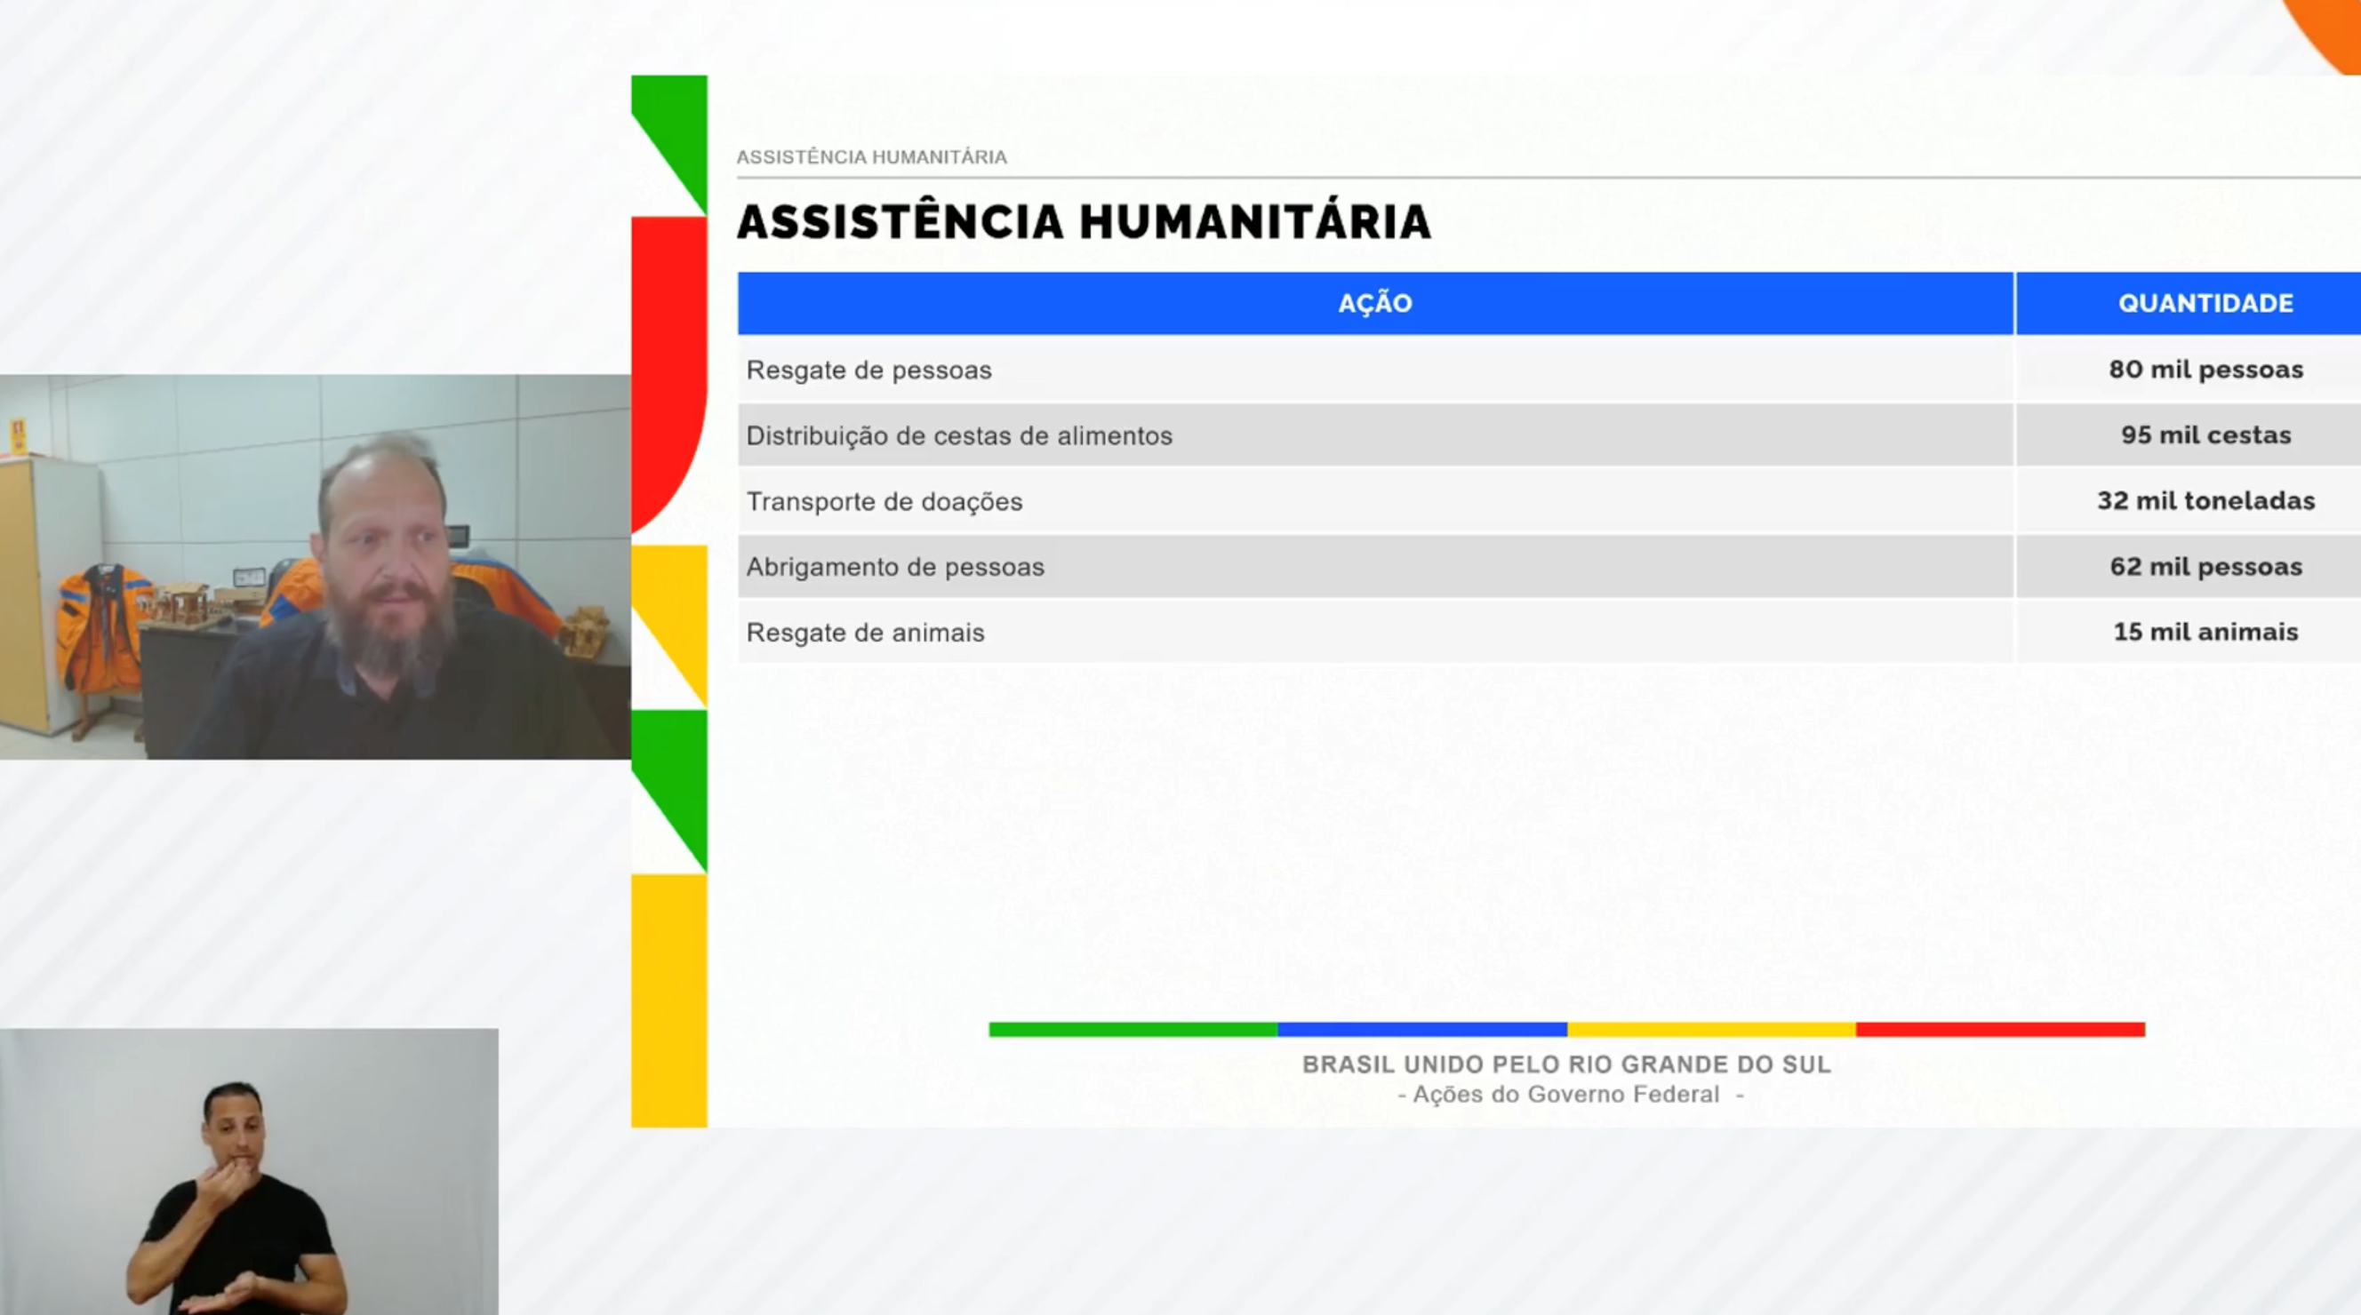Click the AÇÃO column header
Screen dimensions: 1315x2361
point(1375,303)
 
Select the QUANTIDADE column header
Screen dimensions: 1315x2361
point(2205,303)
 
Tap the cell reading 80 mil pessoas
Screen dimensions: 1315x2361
point(2205,370)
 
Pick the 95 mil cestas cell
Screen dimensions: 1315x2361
point(2205,435)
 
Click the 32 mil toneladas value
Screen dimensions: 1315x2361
point(2205,500)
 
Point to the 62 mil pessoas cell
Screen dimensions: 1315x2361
point(2205,566)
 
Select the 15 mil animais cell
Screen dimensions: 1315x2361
point(2205,633)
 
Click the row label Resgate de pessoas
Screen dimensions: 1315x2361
point(868,371)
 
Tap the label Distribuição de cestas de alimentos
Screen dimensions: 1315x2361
point(958,436)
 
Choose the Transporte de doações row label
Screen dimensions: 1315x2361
point(884,502)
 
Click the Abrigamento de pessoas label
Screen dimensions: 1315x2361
point(894,567)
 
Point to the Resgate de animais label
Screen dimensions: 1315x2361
point(865,634)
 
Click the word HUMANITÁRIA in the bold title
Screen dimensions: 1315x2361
point(1255,223)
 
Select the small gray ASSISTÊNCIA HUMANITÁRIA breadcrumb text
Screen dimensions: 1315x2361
point(872,157)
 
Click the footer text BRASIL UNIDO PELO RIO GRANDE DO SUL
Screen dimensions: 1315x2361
point(1566,1064)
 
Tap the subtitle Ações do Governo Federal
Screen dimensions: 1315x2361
point(1566,1095)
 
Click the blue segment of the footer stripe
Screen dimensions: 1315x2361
point(1421,1030)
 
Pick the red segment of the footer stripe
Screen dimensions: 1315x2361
point(2000,1030)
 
